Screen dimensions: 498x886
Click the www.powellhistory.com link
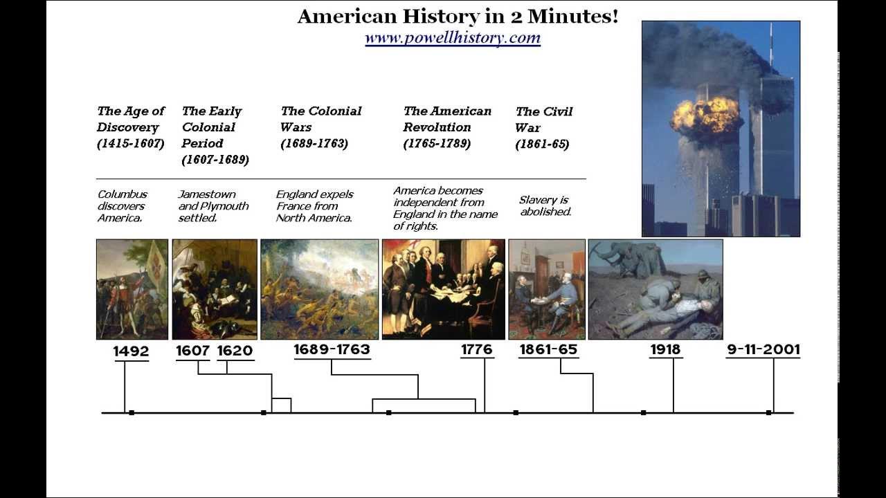click(453, 38)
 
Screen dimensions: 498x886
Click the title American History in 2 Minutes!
click(458, 16)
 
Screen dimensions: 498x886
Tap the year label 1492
click(131, 351)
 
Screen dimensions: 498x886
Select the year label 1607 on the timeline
click(192, 351)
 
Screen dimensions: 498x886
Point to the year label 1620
click(235, 351)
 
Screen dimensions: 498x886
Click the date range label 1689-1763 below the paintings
click(332, 349)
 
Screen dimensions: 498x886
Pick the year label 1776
click(477, 350)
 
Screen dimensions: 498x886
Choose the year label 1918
click(665, 350)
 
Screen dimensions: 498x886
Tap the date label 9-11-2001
click(763, 350)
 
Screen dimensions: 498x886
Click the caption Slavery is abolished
click(545, 206)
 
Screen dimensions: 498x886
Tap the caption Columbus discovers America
click(122, 206)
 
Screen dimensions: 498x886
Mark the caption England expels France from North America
click(314, 206)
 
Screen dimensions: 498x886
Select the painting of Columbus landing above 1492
click(132, 289)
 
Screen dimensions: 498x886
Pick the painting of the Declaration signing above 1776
click(444, 289)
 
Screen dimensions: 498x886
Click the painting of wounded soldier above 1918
click(656, 289)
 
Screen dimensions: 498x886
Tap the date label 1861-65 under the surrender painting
click(548, 350)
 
